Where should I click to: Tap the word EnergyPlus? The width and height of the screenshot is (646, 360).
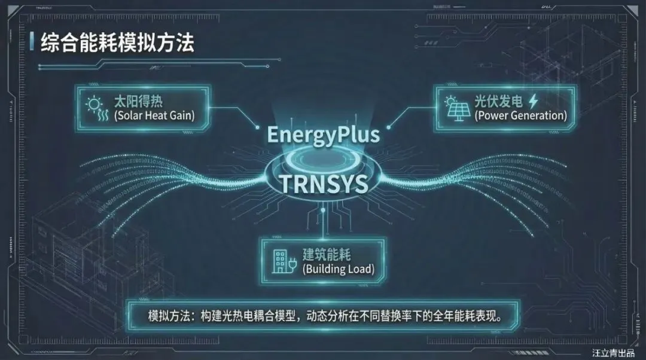323,135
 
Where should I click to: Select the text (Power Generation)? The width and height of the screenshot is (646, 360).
520,115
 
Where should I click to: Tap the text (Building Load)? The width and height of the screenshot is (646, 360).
339,269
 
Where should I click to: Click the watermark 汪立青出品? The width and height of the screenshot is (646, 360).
616,353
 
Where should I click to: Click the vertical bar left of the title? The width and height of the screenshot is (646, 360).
31,42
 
